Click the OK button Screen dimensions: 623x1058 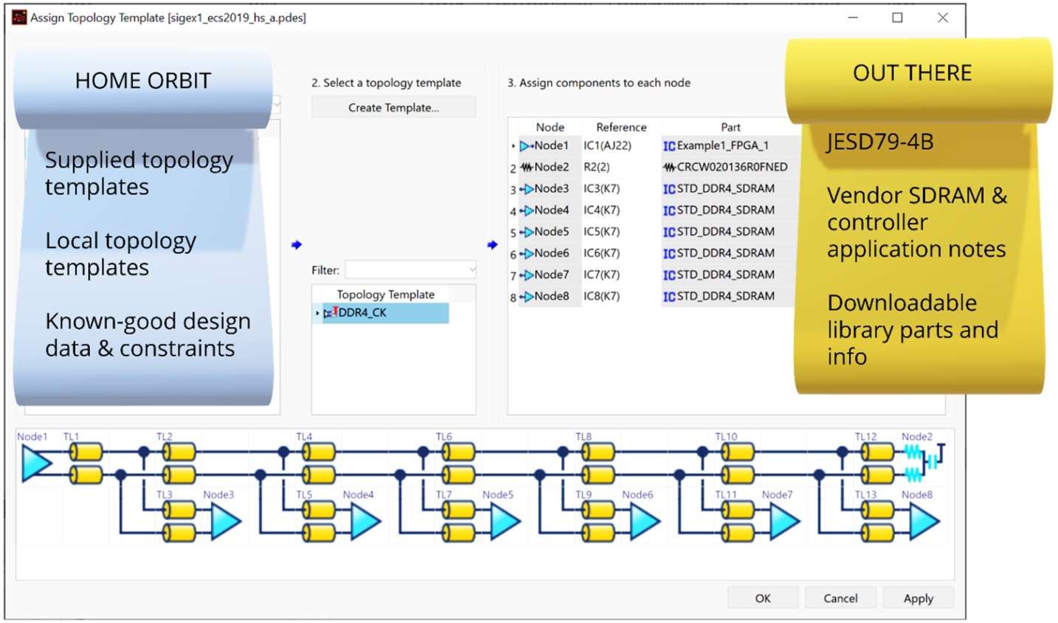[762, 598]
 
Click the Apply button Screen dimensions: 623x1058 [918, 598]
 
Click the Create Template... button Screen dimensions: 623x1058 [393, 108]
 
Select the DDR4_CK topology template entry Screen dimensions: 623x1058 [362, 313]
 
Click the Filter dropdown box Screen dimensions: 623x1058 [410, 270]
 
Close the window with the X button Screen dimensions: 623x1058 [942, 18]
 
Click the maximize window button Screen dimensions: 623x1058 [897, 18]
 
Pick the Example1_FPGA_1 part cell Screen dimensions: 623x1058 [722, 146]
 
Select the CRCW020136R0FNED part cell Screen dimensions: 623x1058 [731, 168]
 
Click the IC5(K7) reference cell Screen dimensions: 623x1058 [601, 232]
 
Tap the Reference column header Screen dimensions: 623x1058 [620, 127]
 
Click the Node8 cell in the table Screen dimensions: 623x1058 [551, 296]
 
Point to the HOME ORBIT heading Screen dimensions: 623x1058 [143, 81]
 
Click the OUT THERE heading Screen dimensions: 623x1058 [912, 73]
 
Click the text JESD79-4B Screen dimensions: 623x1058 [880, 142]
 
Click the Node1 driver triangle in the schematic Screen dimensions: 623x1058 [35, 464]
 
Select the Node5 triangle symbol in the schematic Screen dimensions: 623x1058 [504, 521]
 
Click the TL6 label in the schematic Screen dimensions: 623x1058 [443, 437]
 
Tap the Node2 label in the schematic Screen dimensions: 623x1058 [916, 437]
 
